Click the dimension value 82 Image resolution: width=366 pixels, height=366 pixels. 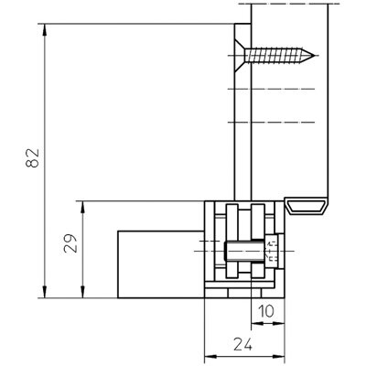33,158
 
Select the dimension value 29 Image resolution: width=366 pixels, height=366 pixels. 70,243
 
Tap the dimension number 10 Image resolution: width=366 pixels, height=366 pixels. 266,311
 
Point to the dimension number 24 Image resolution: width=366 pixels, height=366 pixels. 243,344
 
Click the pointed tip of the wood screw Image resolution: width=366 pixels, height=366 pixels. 314,56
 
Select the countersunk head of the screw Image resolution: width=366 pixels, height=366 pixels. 240,56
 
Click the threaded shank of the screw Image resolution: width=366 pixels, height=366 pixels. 274,56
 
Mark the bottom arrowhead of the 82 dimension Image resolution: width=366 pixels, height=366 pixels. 45,293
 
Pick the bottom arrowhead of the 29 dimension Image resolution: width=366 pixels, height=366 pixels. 82,293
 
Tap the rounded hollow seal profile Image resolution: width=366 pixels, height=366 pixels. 307,206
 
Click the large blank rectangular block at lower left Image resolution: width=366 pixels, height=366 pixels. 161,264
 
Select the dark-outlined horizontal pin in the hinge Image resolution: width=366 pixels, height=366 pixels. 244,251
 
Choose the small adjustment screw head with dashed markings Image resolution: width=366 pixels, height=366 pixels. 272,251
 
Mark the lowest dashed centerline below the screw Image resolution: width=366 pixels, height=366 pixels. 272,123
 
